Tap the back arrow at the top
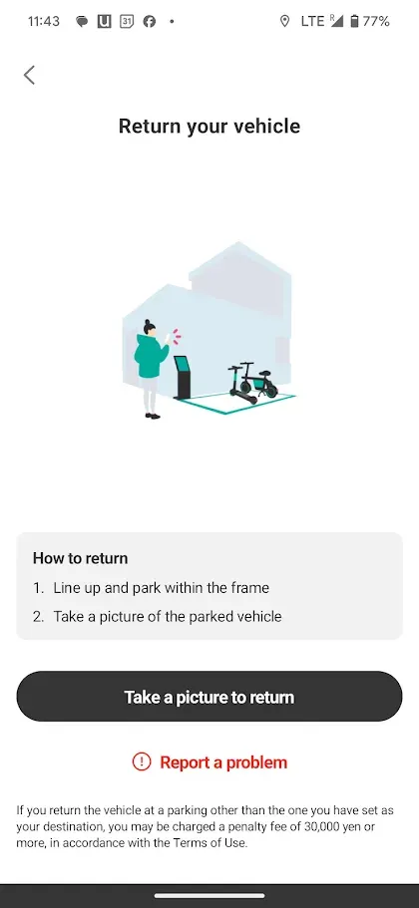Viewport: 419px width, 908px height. tap(29, 75)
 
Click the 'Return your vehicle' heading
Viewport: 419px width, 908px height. tap(209, 127)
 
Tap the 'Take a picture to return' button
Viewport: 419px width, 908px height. tap(209, 697)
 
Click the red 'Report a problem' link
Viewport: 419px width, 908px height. tap(223, 762)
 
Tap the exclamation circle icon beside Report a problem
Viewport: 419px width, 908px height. tap(142, 762)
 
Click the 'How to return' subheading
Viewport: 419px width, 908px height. tap(80, 558)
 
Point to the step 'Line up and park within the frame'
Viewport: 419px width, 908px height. tap(161, 588)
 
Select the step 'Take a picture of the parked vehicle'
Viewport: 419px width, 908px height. tap(168, 616)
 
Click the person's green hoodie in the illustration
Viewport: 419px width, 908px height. tap(151, 356)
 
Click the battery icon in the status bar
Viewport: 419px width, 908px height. tap(355, 21)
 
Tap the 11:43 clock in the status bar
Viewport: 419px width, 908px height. tap(44, 21)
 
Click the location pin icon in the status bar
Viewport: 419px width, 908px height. tap(284, 21)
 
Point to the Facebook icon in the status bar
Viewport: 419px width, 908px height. tap(150, 21)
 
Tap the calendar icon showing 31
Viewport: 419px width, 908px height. tap(127, 21)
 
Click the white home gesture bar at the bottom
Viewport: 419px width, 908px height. tap(209, 896)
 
